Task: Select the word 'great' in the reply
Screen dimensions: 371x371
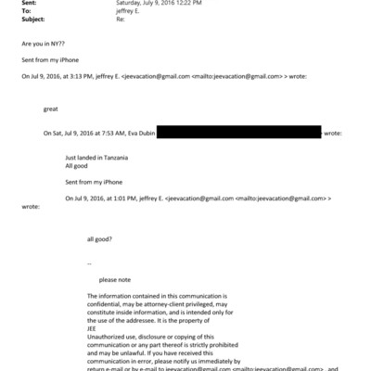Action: pyautogui.click(x=50, y=109)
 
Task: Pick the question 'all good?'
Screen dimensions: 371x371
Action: pyautogui.click(x=99, y=239)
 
